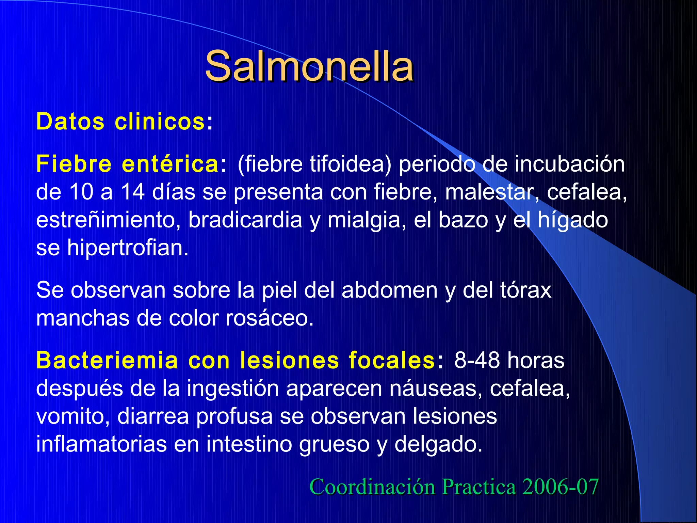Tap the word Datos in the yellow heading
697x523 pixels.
pyautogui.click(x=70, y=122)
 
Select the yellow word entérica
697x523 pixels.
pyautogui.click(x=170, y=164)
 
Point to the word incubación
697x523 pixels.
pyautogui.click(x=569, y=164)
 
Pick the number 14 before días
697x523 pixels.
pyautogui.click(x=133, y=192)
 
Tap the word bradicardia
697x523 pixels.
pyautogui.click(x=245, y=220)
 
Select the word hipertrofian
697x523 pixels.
pyautogui.click(x=128, y=248)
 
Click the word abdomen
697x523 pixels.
pyautogui.click(x=389, y=290)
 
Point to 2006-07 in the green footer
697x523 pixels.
pyautogui.click(x=560, y=487)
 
